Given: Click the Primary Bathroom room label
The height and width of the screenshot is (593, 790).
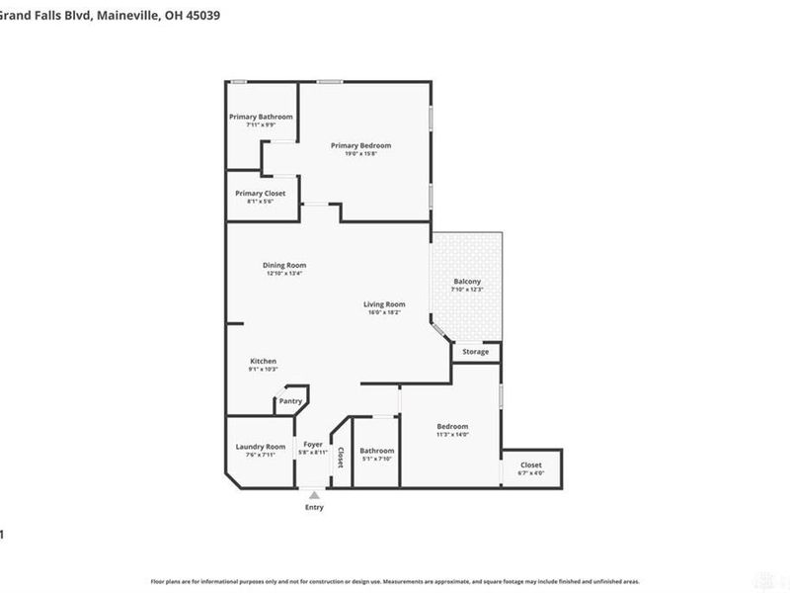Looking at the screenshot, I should (261, 117).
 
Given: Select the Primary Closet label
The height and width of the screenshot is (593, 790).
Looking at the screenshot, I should (260, 193).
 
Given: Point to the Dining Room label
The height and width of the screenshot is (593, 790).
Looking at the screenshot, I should (284, 265).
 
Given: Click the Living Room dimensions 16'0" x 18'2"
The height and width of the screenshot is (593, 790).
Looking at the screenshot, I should (384, 312).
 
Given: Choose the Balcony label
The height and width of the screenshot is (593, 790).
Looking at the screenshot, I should (466, 282).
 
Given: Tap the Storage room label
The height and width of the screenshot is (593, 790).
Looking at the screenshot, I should (476, 351).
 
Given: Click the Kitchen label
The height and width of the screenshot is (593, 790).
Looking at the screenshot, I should (263, 361).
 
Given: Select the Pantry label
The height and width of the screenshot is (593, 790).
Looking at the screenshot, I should (290, 401).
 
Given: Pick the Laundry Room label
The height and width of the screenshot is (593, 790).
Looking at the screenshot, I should (261, 447).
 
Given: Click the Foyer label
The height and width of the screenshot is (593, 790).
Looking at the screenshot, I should (313, 445).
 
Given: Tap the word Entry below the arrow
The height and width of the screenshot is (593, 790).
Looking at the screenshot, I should (314, 507).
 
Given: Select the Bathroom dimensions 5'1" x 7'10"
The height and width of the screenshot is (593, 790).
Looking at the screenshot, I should (376, 459).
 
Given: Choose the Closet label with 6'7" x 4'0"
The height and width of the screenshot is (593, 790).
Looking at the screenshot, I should (531, 472).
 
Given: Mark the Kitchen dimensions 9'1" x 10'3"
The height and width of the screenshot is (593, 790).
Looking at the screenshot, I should (263, 370).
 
